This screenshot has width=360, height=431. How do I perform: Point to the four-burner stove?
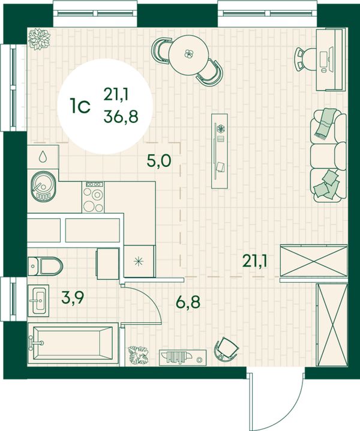point(93,197)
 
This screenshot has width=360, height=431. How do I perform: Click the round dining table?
point(188,55)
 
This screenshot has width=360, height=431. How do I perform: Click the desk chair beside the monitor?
point(304,59)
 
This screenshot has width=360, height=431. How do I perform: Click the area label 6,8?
point(188,303)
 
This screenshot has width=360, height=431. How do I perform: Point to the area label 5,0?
point(159,161)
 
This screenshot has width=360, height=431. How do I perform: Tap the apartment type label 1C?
point(80,107)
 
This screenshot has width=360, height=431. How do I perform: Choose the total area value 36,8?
point(121,117)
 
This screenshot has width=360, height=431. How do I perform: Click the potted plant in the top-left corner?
point(40,39)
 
